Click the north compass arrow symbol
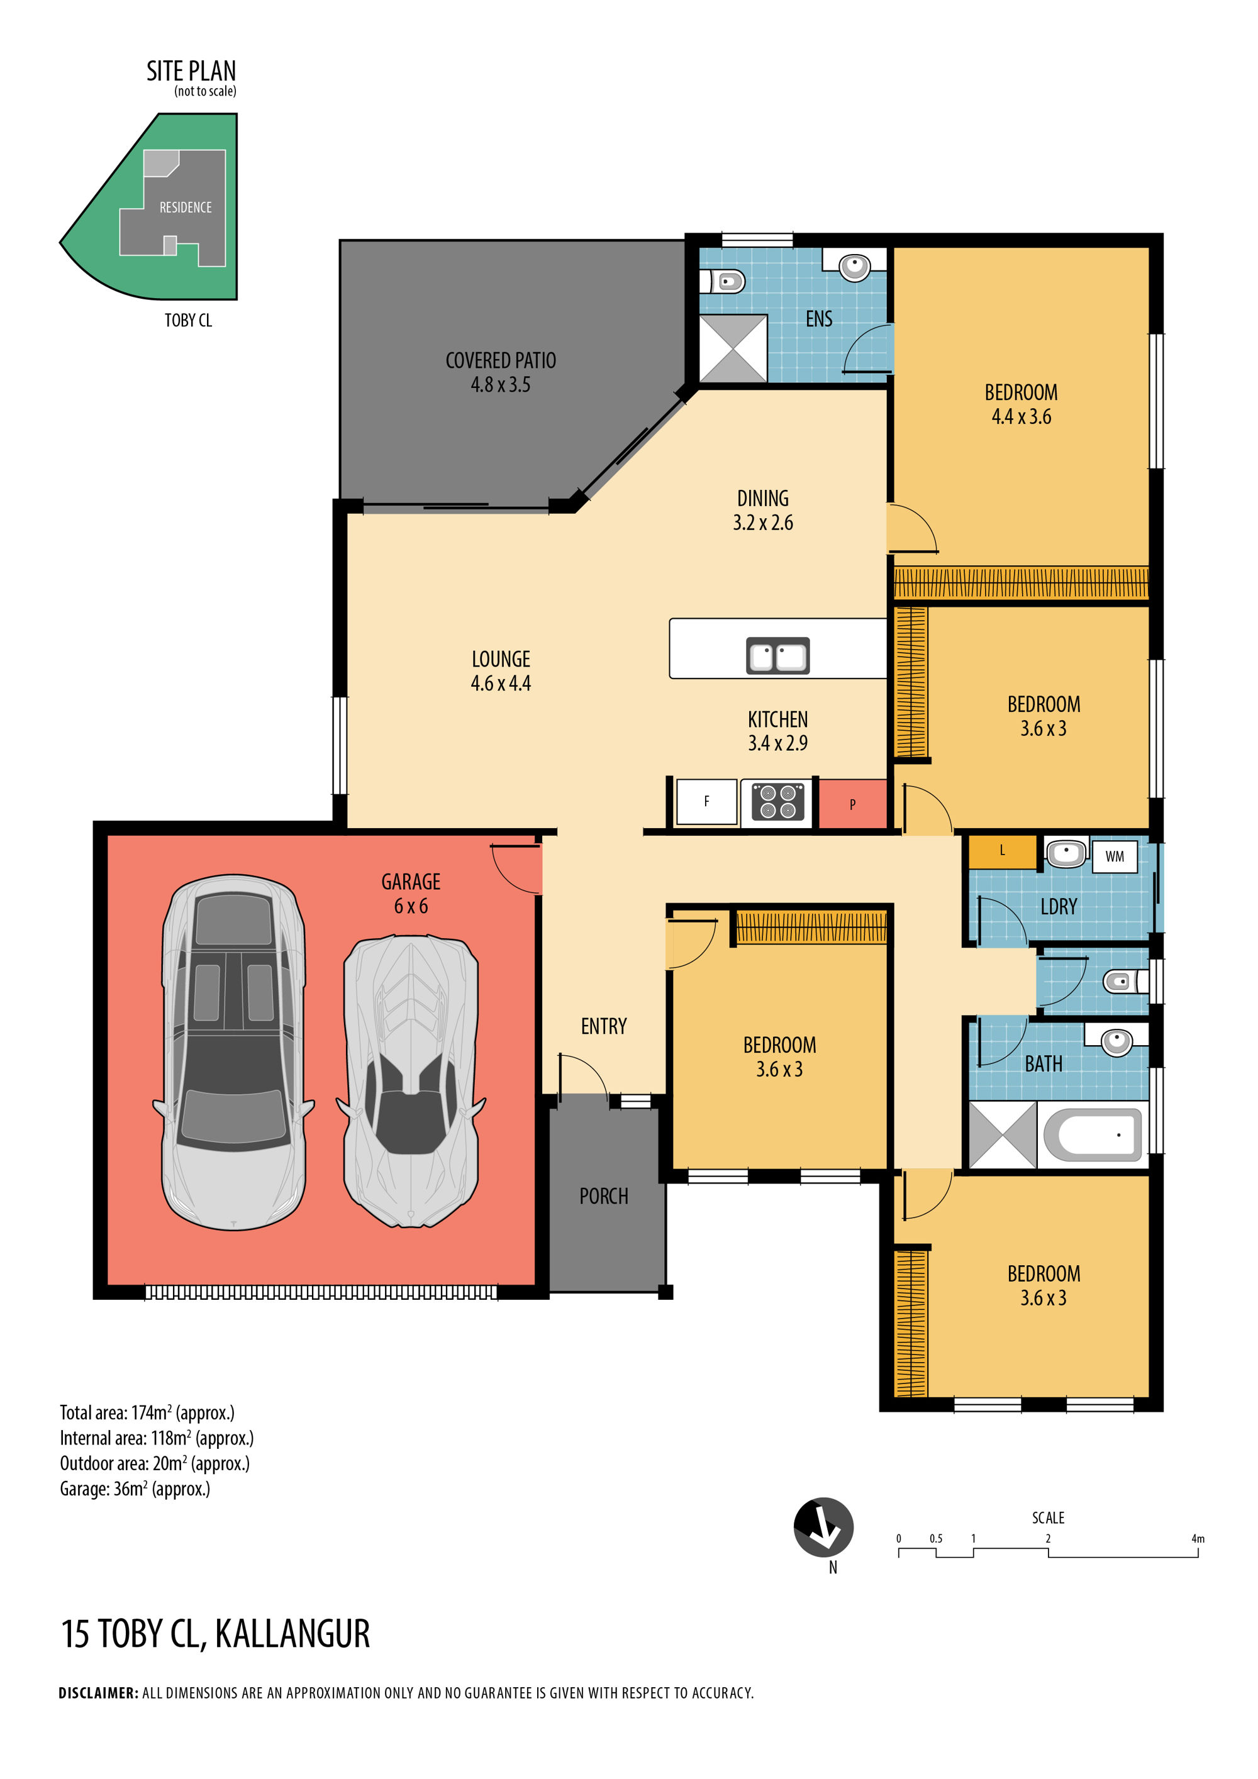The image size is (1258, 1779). pos(823,1527)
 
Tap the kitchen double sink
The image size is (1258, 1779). pos(777,655)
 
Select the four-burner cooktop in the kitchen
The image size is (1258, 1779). pos(777,802)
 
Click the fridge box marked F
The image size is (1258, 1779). pos(706,801)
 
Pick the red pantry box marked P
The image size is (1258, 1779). pos(853,804)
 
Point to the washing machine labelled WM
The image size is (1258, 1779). pos(1115,856)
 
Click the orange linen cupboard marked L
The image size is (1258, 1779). pos(1002,851)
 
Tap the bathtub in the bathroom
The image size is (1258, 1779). pos(1093,1135)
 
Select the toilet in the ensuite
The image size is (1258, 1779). pos(723,280)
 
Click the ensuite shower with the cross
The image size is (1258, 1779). pos(733,348)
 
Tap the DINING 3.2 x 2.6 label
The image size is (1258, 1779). pos(763,511)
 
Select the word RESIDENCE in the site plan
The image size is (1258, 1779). pos(186,208)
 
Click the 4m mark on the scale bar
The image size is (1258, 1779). pos(1198,1539)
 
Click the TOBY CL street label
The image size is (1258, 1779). pos(188,321)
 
